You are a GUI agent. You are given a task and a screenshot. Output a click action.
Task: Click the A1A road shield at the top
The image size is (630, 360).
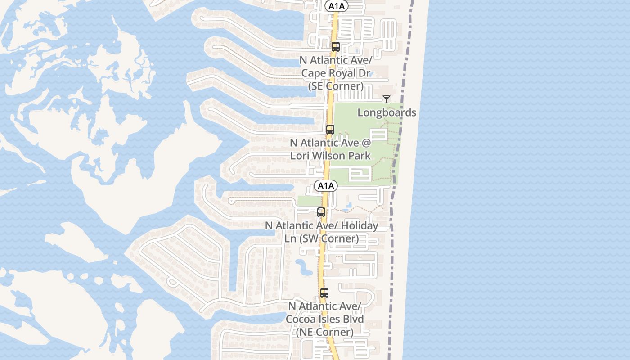click(x=337, y=6)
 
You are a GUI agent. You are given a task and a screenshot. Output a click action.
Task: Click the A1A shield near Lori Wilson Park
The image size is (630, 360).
click(x=326, y=186)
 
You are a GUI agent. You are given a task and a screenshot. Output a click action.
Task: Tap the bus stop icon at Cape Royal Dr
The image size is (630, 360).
click(x=335, y=46)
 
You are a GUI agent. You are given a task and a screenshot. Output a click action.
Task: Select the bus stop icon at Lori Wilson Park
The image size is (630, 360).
click(x=330, y=129)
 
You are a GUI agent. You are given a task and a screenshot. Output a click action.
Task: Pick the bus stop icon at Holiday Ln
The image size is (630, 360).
click(x=321, y=212)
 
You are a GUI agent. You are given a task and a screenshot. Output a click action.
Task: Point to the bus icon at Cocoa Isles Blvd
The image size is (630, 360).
click(x=324, y=292)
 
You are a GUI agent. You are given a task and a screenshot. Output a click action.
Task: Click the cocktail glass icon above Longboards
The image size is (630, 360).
click(x=387, y=99)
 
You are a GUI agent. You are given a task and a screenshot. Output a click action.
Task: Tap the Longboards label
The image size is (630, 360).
click(x=387, y=112)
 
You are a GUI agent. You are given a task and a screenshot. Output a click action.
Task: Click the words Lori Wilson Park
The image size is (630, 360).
click(x=330, y=156)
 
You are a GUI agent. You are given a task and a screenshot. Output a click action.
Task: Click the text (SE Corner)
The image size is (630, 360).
click(x=336, y=86)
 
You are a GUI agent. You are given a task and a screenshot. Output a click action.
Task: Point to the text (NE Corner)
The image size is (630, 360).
click(x=324, y=332)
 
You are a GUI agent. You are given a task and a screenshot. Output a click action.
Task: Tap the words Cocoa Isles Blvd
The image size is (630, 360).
click(x=324, y=319)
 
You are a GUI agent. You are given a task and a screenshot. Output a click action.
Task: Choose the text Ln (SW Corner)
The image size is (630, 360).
click(x=321, y=238)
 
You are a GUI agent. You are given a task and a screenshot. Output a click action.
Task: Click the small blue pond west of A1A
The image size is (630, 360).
click(x=304, y=267)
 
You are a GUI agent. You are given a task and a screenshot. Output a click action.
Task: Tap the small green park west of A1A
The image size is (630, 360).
click(x=309, y=201)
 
